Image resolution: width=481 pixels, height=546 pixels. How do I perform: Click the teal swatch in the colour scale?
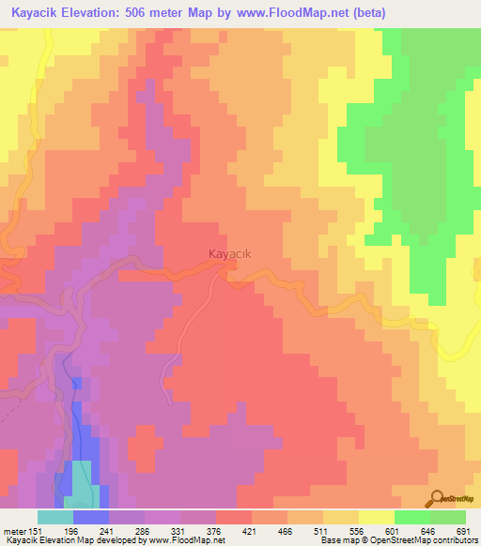click(55, 517)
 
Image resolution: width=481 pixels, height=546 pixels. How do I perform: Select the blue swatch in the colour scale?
click(91, 517)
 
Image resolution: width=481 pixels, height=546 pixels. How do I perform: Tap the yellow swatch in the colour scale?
click(377, 517)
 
